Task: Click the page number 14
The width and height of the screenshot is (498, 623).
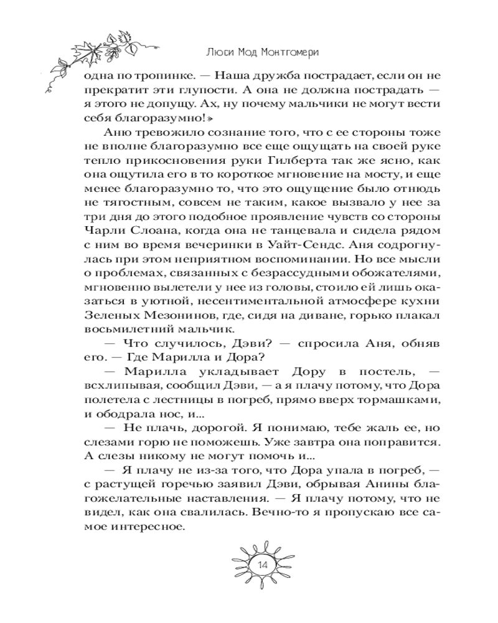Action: pyautogui.click(x=261, y=565)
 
